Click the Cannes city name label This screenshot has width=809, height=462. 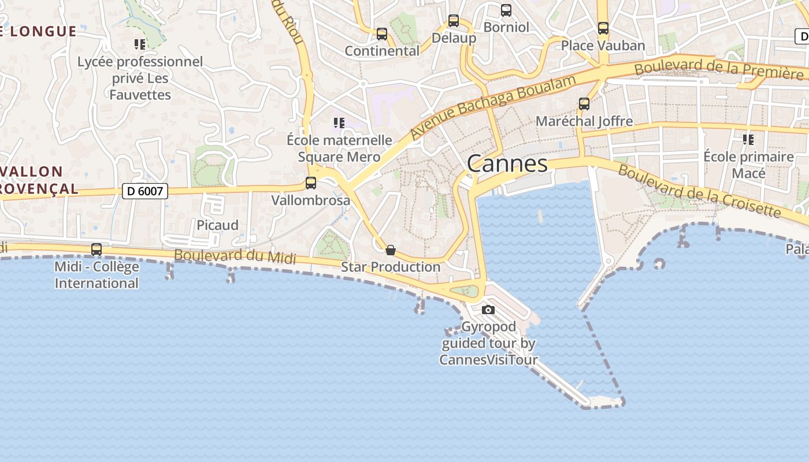tap(507, 163)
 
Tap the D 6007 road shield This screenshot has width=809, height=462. tap(144, 191)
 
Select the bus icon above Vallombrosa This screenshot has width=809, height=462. tap(311, 183)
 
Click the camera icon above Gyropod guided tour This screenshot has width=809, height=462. tap(488, 310)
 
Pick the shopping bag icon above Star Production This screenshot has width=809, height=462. tap(391, 250)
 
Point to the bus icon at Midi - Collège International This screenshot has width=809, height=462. tap(97, 249)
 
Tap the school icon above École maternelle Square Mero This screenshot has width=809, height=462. tap(339, 122)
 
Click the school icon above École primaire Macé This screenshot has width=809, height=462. tap(748, 139)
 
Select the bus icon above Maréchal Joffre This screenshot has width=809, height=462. tap(584, 104)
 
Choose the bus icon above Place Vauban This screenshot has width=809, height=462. tap(603, 28)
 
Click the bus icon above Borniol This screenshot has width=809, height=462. tap(506, 10)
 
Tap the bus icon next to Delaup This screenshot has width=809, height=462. tap(454, 21)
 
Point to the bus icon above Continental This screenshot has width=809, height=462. tap(382, 33)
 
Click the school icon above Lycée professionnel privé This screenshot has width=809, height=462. tap(140, 44)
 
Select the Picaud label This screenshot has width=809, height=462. tap(217, 225)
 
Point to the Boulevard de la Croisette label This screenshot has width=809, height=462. tap(699, 191)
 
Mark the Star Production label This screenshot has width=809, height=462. tap(391, 267)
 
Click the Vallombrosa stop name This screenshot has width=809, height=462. tap(311, 200)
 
